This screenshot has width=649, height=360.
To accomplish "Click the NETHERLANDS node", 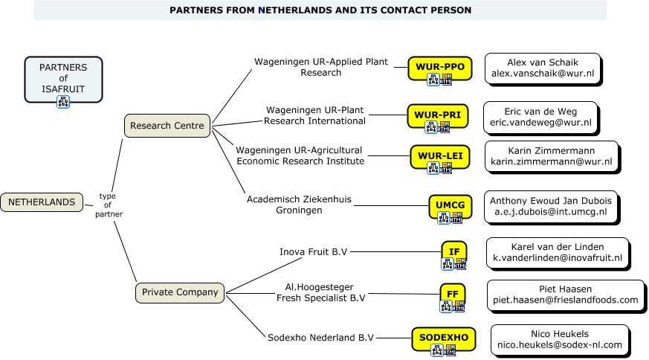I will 42,202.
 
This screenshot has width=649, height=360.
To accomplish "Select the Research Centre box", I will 167,126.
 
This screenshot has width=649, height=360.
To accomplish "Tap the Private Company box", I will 180,292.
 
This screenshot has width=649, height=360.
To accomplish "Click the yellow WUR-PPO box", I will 439,67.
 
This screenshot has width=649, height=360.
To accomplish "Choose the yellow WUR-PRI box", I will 437,115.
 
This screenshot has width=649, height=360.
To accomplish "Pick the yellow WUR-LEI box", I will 439,155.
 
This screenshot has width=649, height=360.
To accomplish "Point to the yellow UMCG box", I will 451,205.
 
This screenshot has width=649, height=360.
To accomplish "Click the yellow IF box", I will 453,252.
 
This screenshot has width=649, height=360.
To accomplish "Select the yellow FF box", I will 452,294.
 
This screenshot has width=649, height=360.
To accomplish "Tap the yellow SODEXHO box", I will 443,338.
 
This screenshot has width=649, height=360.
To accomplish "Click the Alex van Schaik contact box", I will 542,68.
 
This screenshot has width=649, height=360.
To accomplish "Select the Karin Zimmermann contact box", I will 551,155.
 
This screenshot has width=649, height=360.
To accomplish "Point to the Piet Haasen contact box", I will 565,294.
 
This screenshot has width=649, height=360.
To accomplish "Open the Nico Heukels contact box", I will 559,339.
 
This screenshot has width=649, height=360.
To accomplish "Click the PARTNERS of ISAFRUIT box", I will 62,78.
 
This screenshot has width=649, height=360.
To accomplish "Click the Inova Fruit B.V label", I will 313,251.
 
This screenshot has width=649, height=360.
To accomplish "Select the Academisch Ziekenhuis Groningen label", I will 299,205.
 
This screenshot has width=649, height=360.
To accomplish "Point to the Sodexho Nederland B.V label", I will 320,338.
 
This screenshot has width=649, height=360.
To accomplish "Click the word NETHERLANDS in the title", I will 297,10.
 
